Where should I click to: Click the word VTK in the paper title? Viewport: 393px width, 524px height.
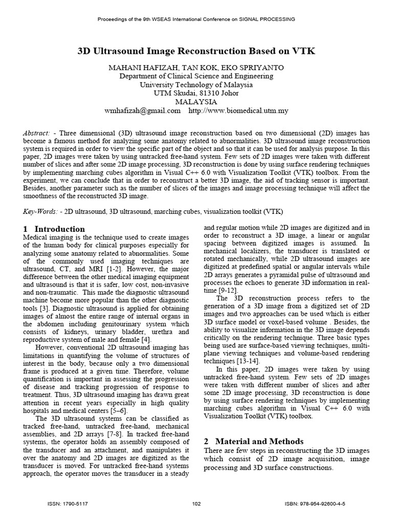[x=305, y=51]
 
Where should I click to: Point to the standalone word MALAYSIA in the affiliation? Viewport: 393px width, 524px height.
[x=196, y=101]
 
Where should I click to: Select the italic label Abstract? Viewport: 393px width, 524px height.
[x=36, y=133]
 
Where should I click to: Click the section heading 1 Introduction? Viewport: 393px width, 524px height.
[x=54, y=229]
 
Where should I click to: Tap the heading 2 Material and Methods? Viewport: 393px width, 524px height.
[x=253, y=441]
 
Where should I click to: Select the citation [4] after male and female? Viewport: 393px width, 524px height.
[x=145, y=339]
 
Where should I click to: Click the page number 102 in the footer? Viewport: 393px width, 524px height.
[x=196, y=504]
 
